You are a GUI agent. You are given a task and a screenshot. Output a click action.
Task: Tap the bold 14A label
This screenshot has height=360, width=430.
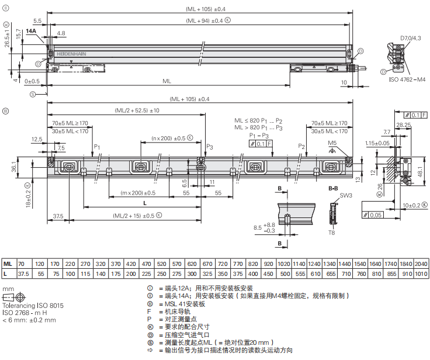click(x=31, y=30)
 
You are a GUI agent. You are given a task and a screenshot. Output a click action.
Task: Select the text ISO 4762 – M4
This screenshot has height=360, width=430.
click(x=407, y=78)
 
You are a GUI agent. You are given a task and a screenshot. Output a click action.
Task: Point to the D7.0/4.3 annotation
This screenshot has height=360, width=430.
click(x=411, y=38)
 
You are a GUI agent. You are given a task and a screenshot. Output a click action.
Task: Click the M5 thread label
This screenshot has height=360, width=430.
click(x=332, y=143)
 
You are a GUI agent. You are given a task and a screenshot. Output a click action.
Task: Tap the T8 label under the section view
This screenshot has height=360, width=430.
click(x=331, y=233)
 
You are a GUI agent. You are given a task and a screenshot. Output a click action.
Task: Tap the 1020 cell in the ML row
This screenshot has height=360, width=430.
click(x=284, y=264)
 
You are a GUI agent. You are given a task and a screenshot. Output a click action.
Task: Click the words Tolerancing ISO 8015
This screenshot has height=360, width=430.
click(x=33, y=306)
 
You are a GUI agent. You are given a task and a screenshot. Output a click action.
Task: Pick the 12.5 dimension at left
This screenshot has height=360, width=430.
click(x=37, y=140)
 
